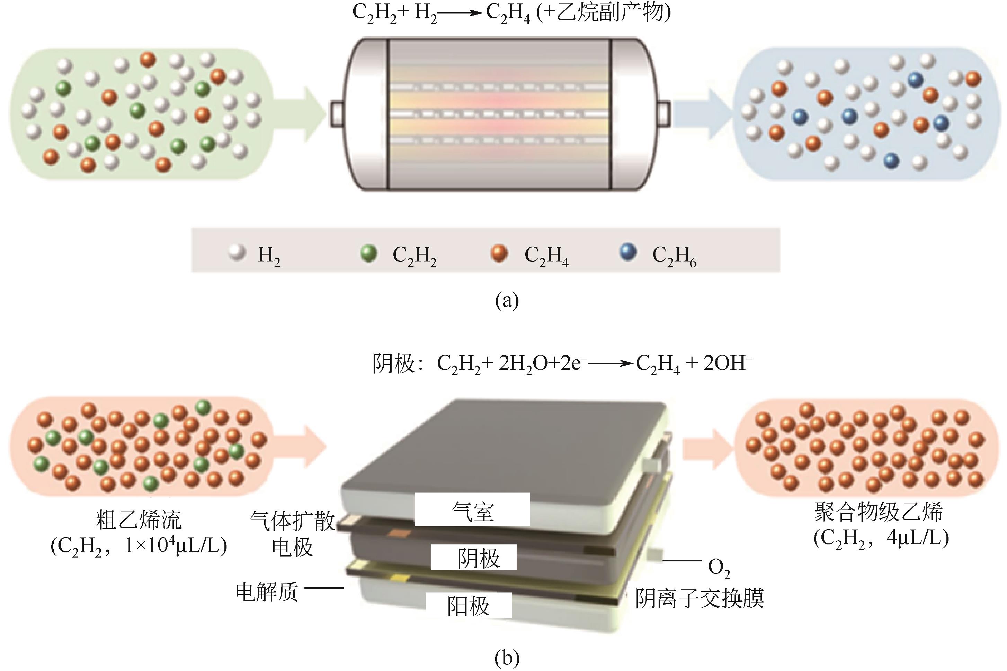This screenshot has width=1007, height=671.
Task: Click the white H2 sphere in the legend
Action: click(237, 252)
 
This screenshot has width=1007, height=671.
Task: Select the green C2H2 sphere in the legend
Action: click(368, 253)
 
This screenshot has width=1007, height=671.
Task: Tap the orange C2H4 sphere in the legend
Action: click(499, 253)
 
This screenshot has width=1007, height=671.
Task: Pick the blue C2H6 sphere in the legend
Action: click(629, 252)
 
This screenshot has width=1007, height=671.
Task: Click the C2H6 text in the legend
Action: click(674, 256)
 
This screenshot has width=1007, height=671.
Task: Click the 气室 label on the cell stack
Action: click(472, 511)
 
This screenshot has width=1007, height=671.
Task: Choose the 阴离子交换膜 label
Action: click(699, 598)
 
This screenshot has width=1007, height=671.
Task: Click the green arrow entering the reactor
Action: click(300, 114)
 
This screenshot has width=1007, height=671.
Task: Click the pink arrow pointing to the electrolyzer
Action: click(300, 446)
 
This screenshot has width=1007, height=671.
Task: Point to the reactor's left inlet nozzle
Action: click(337, 114)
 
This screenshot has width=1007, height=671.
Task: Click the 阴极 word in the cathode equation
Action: click(393, 364)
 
